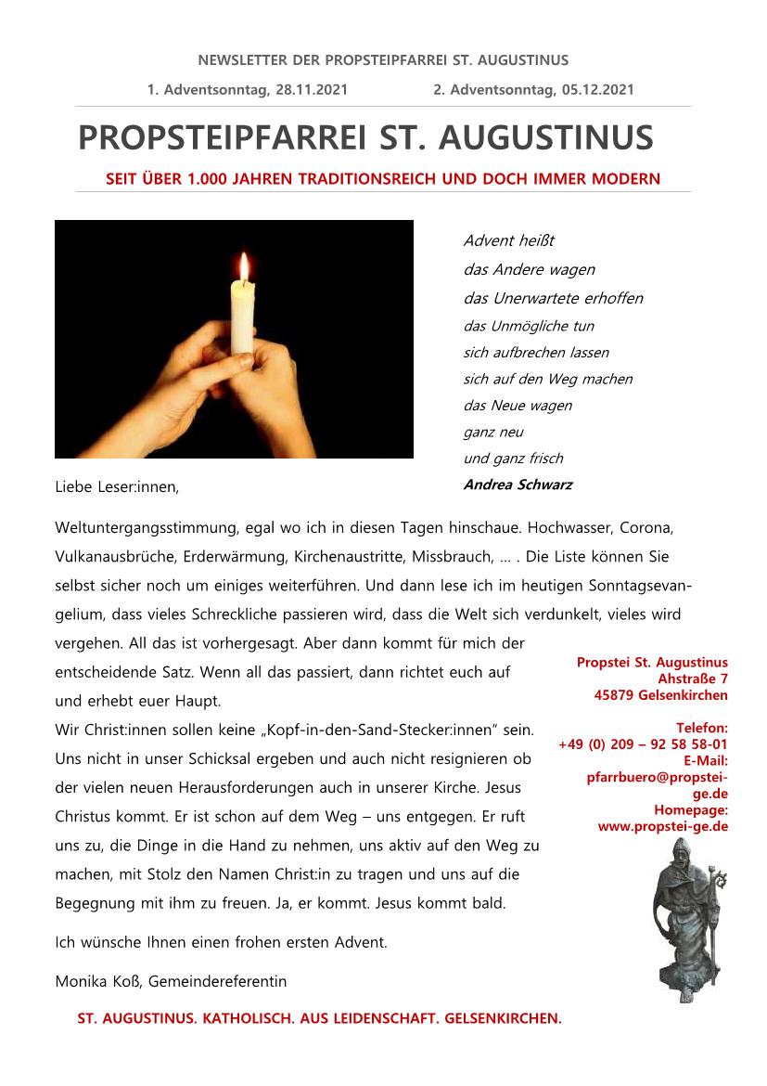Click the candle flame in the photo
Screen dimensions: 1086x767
[244, 267]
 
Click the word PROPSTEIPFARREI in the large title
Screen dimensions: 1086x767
[223, 137]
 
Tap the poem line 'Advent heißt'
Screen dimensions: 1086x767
[508, 241]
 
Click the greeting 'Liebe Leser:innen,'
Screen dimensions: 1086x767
[116, 486]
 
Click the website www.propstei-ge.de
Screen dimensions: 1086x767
[662, 825]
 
